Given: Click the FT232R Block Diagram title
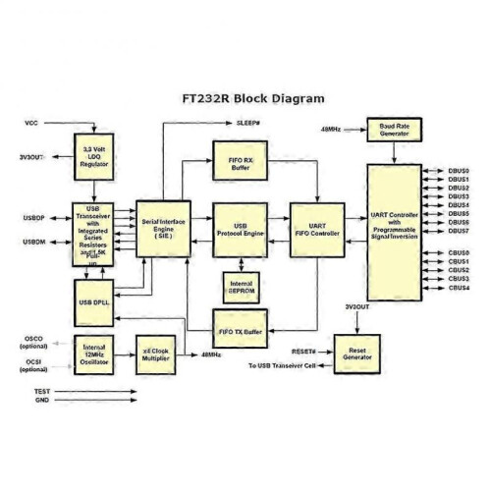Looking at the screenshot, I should pyautogui.click(x=252, y=99).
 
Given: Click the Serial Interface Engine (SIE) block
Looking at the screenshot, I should pyautogui.click(x=163, y=227).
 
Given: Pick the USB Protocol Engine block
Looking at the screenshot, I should pyautogui.click(x=240, y=228).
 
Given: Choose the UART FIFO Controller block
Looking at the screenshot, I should pyautogui.click(x=315, y=228).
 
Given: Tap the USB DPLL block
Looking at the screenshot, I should pyautogui.click(x=95, y=298).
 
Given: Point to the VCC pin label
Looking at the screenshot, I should pyautogui.click(x=31, y=123).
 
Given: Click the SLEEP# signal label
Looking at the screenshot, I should pyautogui.click(x=249, y=123).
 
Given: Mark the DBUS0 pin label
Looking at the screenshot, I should pyautogui.click(x=458, y=170).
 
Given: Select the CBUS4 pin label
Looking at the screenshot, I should pyautogui.click(x=458, y=288).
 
